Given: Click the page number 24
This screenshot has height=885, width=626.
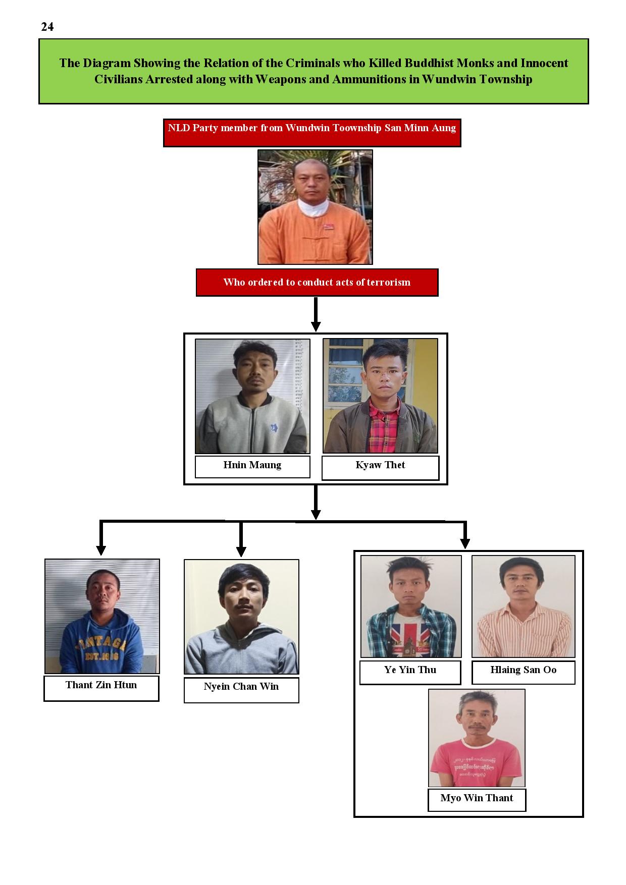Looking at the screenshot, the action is [47, 27].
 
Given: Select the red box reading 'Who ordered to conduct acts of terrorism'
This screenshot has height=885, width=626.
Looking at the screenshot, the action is [317, 283].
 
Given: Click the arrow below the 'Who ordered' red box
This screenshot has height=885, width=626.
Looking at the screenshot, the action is [316, 314].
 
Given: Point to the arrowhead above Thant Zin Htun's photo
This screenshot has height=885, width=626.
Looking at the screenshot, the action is [101, 550].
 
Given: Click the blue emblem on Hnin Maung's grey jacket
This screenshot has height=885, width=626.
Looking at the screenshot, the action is [274, 428].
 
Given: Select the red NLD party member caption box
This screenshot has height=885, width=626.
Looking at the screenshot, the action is [312, 133].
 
